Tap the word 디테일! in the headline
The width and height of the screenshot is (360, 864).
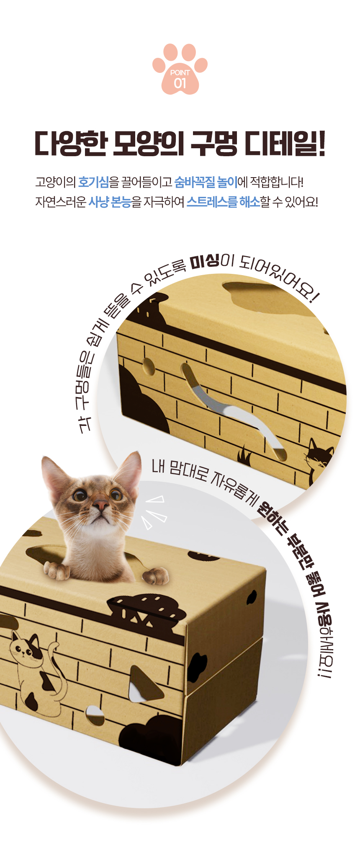[x=285, y=144]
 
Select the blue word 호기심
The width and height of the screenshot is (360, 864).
[x=93, y=182]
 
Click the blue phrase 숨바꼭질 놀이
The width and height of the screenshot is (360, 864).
[x=206, y=182]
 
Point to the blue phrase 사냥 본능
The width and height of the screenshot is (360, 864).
[x=110, y=202]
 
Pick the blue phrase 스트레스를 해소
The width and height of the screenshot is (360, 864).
[x=223, y=202]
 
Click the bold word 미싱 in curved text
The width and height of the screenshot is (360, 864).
[x=205, y=262]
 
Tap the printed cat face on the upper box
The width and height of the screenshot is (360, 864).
[x=319, y=453]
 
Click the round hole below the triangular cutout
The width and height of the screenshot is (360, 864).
[x=95, y=714]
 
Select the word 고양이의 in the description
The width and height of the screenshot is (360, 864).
[x=56, y=182]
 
